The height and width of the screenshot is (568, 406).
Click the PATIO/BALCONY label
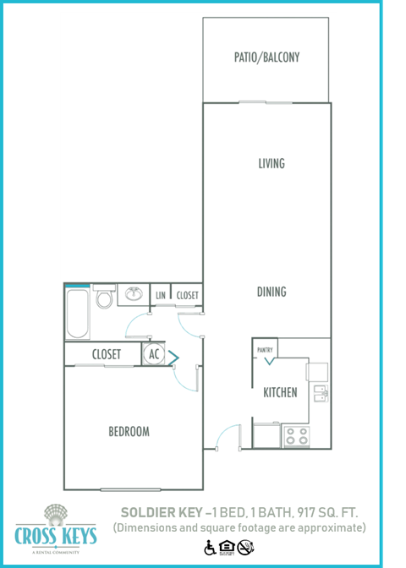tap(266, 58)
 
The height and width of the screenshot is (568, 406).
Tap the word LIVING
tap(272, 164)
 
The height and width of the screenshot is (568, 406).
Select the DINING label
tap(272, 292)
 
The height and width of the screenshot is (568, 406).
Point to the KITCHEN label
tap(279, 392)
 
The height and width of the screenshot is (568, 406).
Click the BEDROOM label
tap(129, 432)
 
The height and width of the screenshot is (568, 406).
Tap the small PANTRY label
tap(265, 348)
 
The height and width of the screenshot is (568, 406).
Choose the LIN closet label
tap(161, 295)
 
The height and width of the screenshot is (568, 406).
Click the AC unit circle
tap(153, 355)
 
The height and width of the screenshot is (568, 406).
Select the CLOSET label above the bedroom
tap(106, 355)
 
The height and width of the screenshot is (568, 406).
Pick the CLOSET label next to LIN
tap(187, 295)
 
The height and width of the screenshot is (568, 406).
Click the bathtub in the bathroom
tap(77, 313)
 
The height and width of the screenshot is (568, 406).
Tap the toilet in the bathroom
tap(104, 298)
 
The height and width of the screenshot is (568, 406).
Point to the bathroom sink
tap(133, 294)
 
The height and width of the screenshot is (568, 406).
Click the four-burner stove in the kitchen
tap(296, 435)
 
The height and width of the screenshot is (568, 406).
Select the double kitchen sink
tap(319, 392)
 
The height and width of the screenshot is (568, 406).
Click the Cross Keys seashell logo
tap(56, 514)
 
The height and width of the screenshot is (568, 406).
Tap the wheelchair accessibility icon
tap(209, 547)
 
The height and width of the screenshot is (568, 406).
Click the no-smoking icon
tap(244, 547)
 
